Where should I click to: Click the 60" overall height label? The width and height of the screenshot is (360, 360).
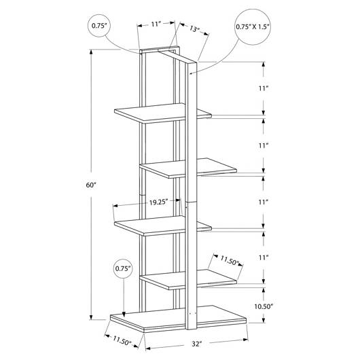coord(91,185)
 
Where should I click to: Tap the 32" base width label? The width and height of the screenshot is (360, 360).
coord(197,344)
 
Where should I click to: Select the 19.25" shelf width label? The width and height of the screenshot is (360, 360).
coord(159,202)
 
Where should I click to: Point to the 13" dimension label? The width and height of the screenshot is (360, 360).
coord(194,29)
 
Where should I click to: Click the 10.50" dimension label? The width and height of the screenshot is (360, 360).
coord(264,306)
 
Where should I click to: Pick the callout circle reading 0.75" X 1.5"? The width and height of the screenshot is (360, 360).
coord(253,27)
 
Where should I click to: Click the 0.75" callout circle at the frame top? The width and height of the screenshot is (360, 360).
coord(99,26)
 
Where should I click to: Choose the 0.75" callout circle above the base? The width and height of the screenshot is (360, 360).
coord(123,268)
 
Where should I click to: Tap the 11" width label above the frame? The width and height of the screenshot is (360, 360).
coord(156,24)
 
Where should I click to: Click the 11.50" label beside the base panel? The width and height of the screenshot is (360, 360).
coord(122,340)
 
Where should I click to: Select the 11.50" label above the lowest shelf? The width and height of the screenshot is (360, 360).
coord(230,261)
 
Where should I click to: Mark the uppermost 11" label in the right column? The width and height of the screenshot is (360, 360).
coord(264,88)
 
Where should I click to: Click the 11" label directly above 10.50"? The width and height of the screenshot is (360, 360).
coord(264,257)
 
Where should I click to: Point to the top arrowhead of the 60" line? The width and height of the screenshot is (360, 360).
coord(91,52)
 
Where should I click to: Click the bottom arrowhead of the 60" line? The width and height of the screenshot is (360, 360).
coord(91,317)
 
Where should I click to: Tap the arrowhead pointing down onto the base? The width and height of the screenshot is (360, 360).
coord(124,314)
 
